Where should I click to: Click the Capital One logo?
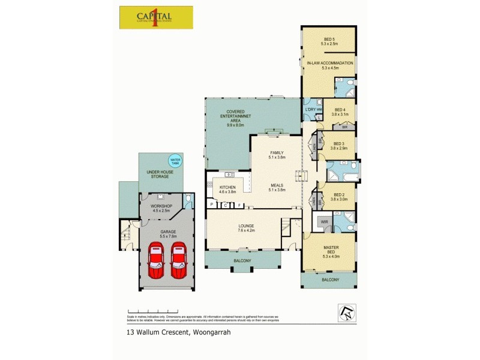(156, 17)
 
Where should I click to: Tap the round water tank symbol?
(175, 161)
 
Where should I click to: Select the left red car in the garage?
(157, 260)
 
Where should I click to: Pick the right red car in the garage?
(179, 260)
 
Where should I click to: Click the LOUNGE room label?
(247, 227)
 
